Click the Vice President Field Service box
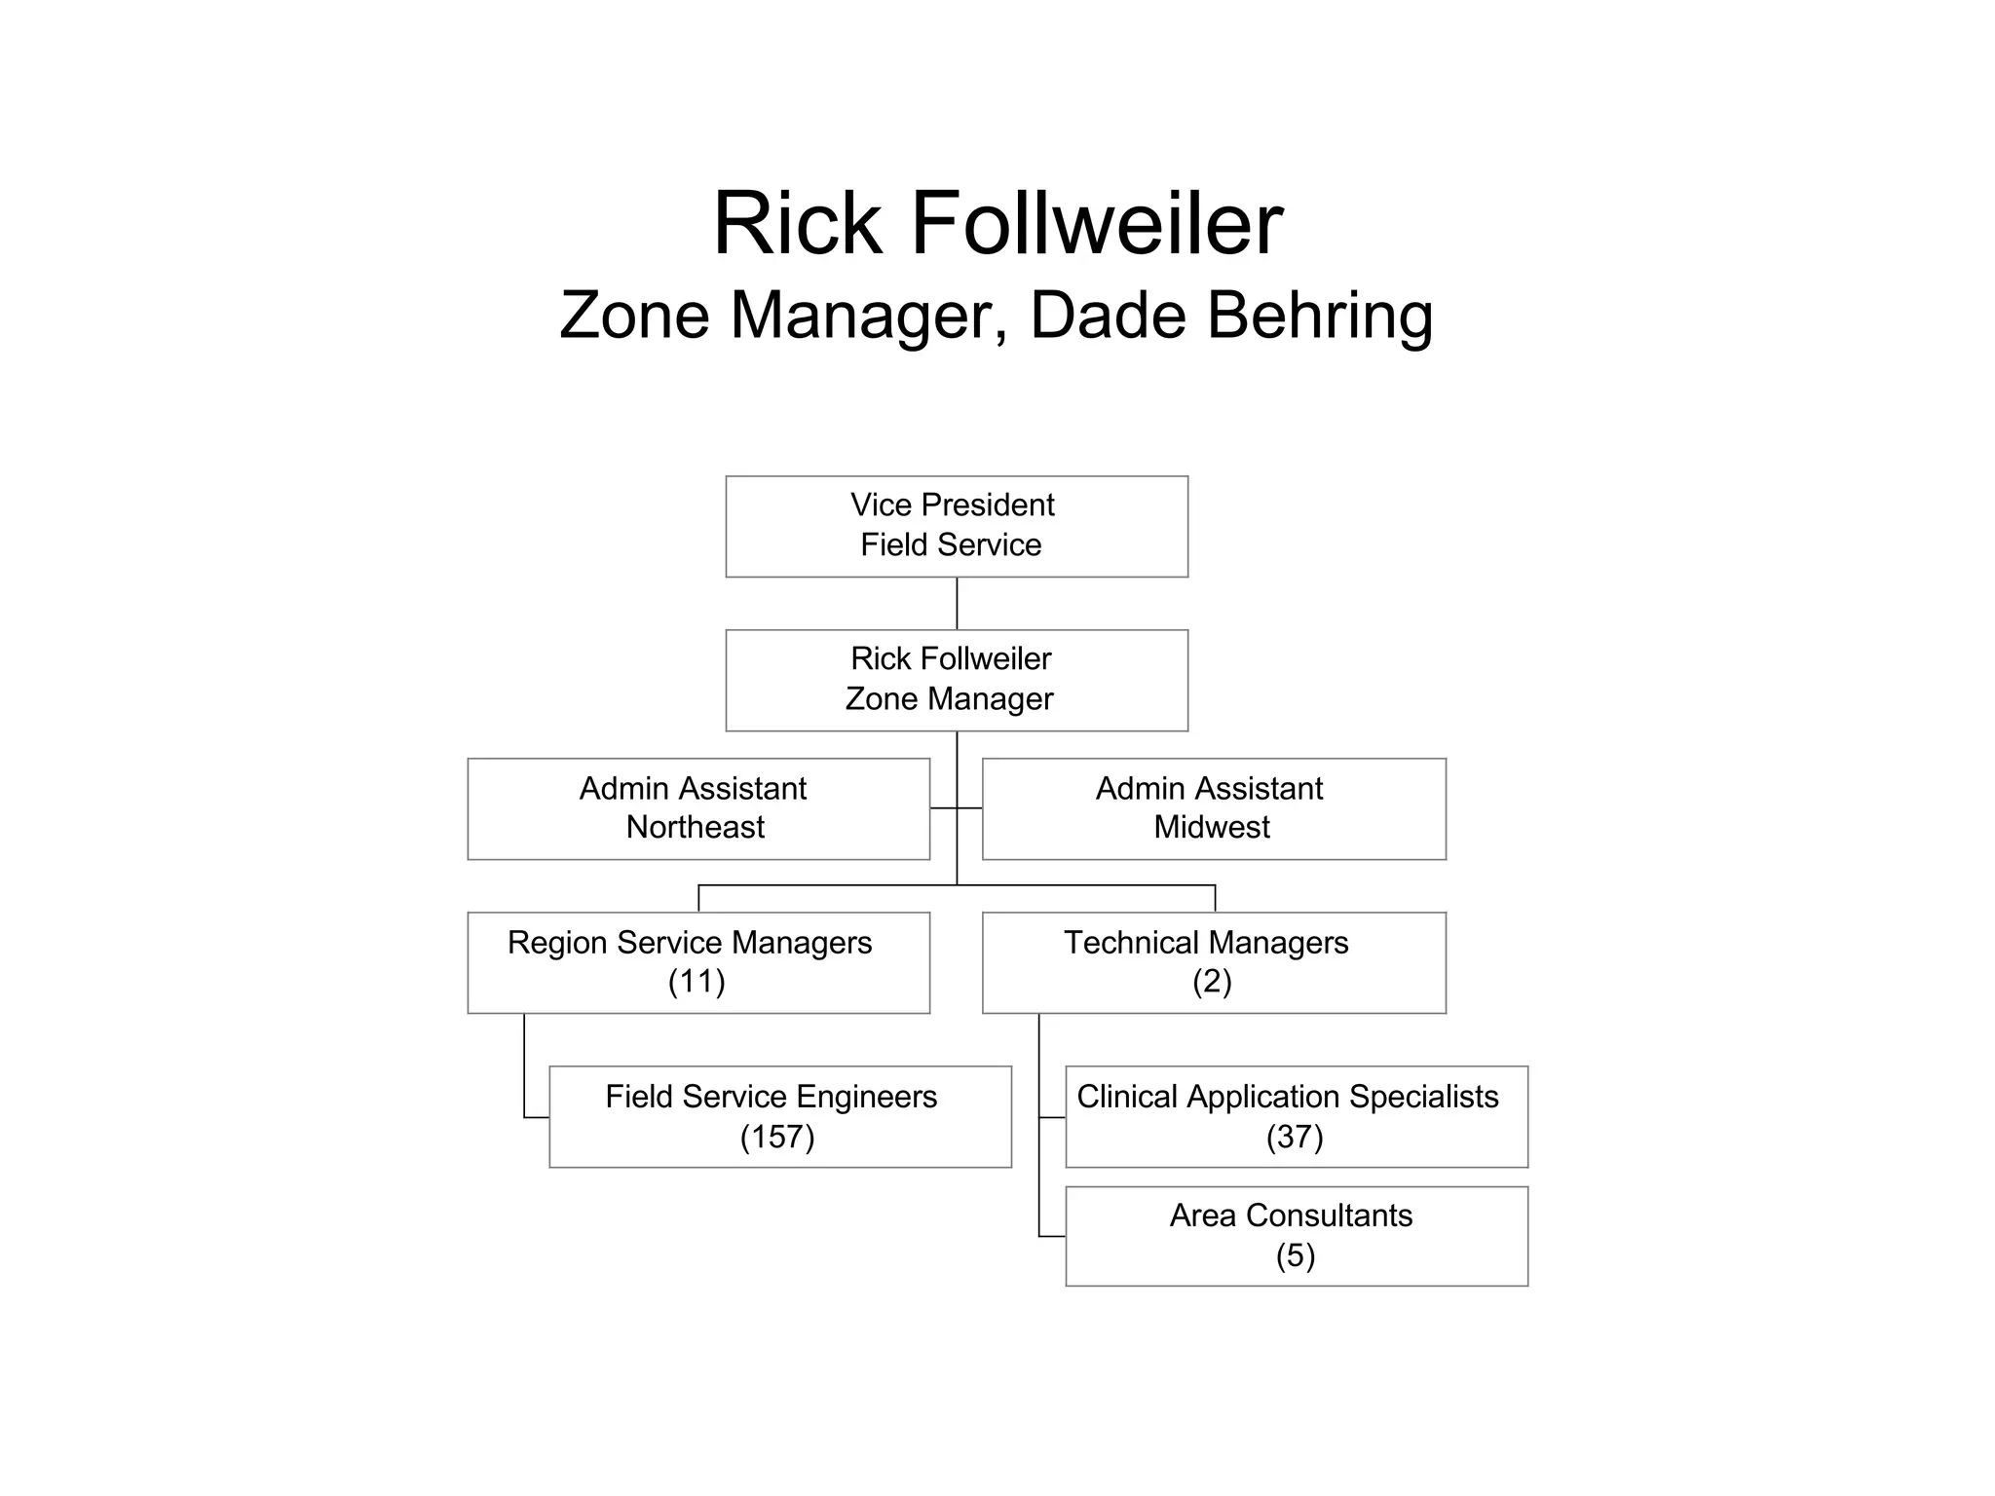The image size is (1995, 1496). click(x=957, y=526)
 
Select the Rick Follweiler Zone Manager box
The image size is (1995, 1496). click(x=957, y=680)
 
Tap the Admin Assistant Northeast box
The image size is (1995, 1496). click(x=698, y=808)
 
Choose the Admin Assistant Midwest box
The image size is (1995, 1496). click(x=1214, y=808)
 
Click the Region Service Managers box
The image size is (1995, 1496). click(x=698, y=962)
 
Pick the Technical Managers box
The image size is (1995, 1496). click(x=1214, y=962)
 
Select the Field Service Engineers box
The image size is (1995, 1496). click(x=780, y=1116)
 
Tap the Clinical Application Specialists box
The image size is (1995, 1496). click(x=1297, y=1116)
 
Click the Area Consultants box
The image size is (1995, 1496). click(x=1297, y=1236)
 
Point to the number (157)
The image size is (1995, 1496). click(x=777, y=1137)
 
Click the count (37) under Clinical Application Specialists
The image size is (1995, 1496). click(x=1295, y=1137)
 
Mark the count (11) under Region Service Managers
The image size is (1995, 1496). click(x=696, y=982)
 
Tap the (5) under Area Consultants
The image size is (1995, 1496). click(x=1296, y=1255)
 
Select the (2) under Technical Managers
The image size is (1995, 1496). click(x=1212, y=982)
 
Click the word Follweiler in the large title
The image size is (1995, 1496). click(x=1097, y=224)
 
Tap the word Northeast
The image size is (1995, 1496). click(x=695, y=827)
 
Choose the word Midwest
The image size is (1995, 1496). click(x=1212, y=827)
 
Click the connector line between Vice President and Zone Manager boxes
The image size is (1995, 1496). click(x=957, y=604)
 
